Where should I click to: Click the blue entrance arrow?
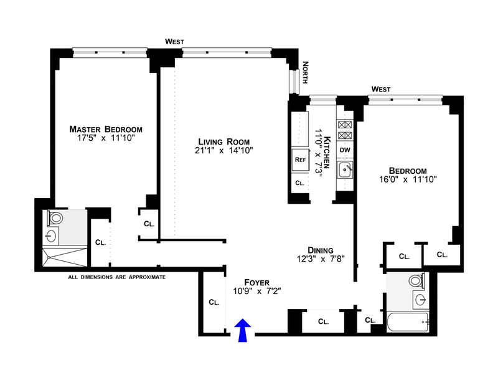point(243,330)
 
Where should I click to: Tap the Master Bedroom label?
point(106,129)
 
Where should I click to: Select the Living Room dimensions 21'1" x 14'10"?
point(224,150)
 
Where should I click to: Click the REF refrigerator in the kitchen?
point(301,159)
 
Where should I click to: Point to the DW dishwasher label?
point(345,150)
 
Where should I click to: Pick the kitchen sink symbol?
point(345,170)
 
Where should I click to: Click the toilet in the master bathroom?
point(55,218)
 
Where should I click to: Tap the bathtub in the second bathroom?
point(408,322)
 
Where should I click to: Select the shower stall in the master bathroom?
point(65,257)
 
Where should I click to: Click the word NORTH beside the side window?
point(305,72)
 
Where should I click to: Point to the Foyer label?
point(256,282)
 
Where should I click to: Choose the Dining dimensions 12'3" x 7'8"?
point(321,259)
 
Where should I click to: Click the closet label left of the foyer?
point(214,302)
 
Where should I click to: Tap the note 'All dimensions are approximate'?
point(117,277)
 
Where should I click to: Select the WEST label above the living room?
point(174,42)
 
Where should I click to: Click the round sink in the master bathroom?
point(51,236)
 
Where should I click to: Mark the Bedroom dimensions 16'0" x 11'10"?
point(408,179)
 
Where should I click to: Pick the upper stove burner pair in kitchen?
point(345,125)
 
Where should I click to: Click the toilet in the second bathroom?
point(416,281)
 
